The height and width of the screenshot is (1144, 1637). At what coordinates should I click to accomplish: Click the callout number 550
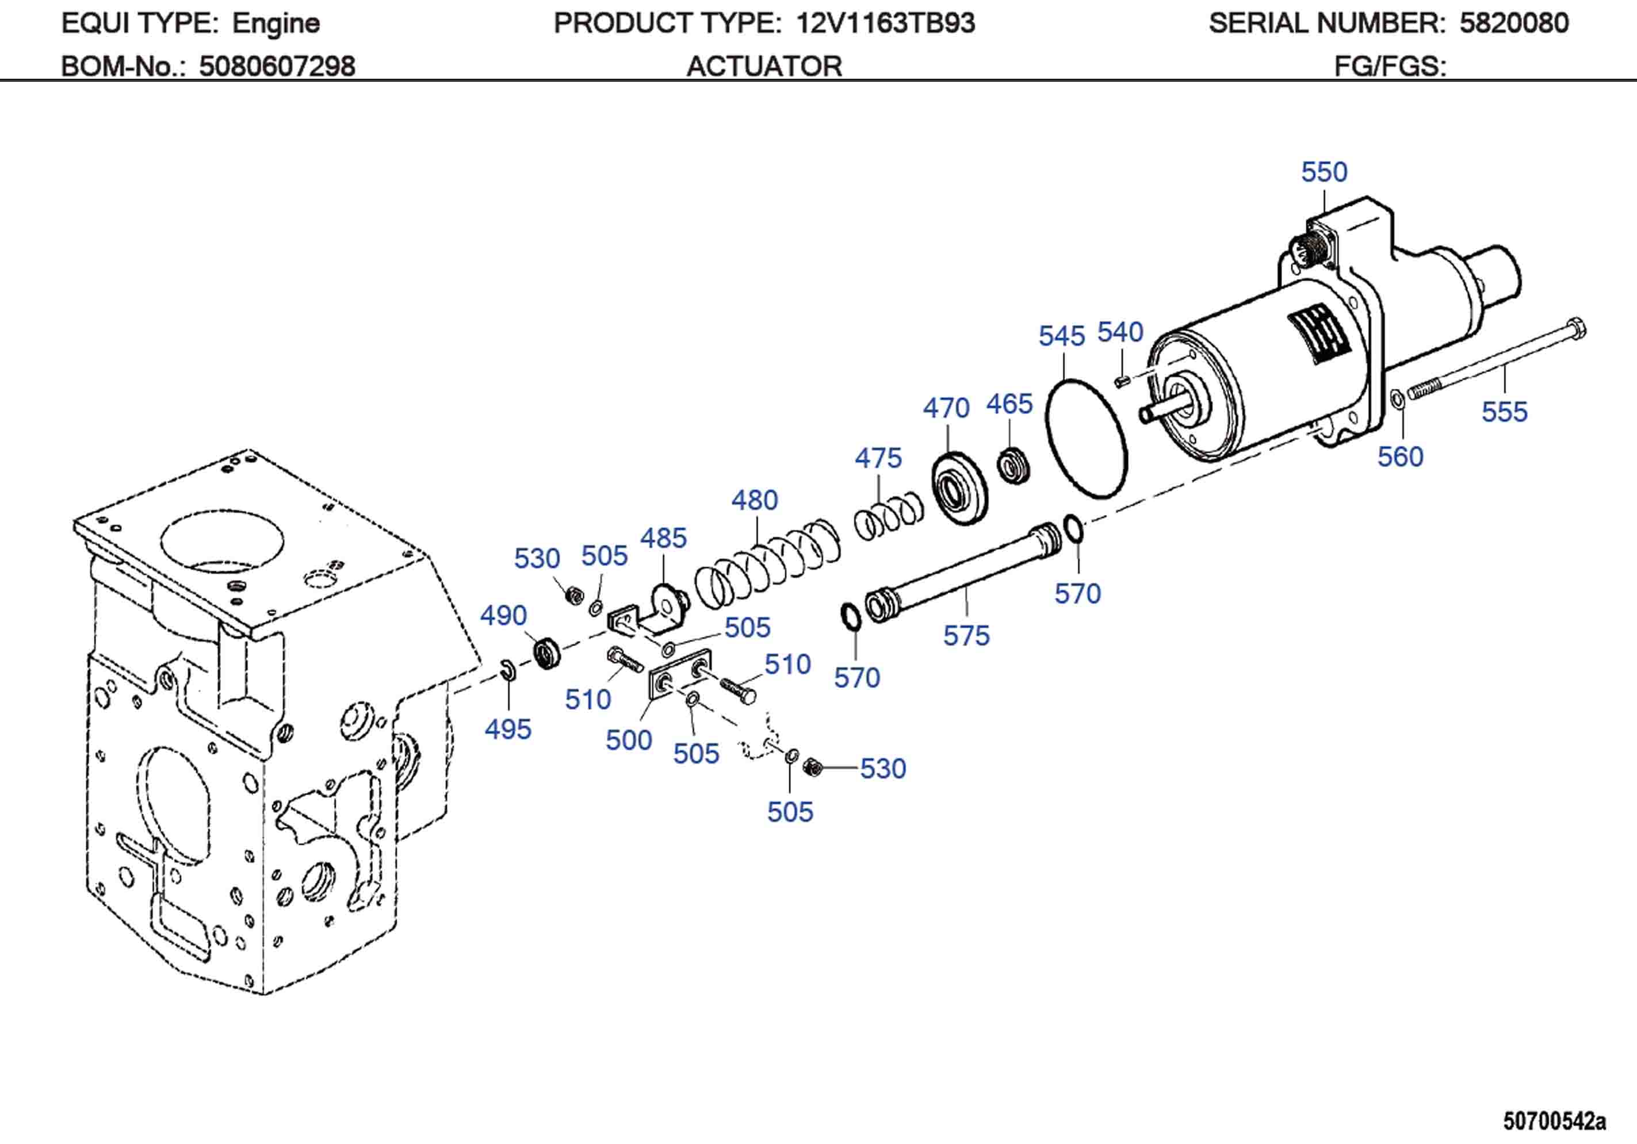coord(1324,172)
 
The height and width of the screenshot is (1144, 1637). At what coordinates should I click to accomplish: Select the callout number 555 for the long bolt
coord(1504,412)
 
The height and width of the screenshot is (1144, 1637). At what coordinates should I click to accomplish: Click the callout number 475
coord(878,458)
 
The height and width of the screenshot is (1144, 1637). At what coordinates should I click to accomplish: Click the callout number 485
coord(663,538)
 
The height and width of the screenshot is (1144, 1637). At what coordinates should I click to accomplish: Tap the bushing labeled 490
coord(547,651)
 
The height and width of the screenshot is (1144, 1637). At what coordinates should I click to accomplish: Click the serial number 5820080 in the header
coord(1514,24)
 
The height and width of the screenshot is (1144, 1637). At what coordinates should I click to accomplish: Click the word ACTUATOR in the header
coord(764,66)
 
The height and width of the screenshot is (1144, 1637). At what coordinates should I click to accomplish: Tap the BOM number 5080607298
coord(277,66)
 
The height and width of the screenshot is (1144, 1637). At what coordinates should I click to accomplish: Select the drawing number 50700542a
coord(1554,1120)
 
